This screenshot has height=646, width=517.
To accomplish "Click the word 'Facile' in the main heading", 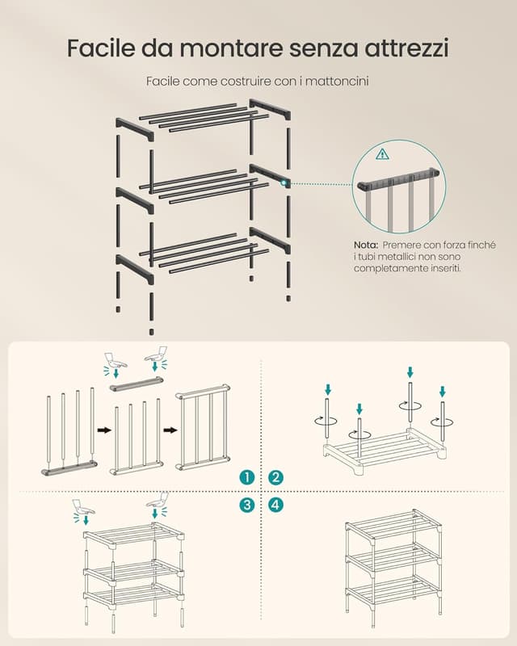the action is coord(101,48).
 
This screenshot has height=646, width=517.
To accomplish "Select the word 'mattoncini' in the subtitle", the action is coord(337,82).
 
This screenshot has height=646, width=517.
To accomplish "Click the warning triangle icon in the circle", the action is coord(383,154).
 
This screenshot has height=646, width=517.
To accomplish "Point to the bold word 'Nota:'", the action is coord(366,245).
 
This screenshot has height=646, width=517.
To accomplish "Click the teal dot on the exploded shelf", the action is coord(284,183).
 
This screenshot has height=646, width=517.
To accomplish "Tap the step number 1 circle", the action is coord(246,477).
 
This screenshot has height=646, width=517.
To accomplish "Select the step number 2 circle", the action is coord(275,477).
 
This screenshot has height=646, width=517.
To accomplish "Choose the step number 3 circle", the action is coord(246,505).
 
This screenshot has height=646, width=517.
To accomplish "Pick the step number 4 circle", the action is coord(275,505).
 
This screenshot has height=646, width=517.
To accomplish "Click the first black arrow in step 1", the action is coord(104,430).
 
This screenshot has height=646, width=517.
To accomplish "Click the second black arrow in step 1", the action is coord(170,430).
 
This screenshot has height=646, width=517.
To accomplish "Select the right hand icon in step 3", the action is coord(158,498).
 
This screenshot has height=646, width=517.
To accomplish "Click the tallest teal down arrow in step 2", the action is coord(410,372).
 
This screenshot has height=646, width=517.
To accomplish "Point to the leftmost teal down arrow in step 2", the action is coord(328,389).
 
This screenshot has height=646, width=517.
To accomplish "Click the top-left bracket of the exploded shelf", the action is coord(134,130).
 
